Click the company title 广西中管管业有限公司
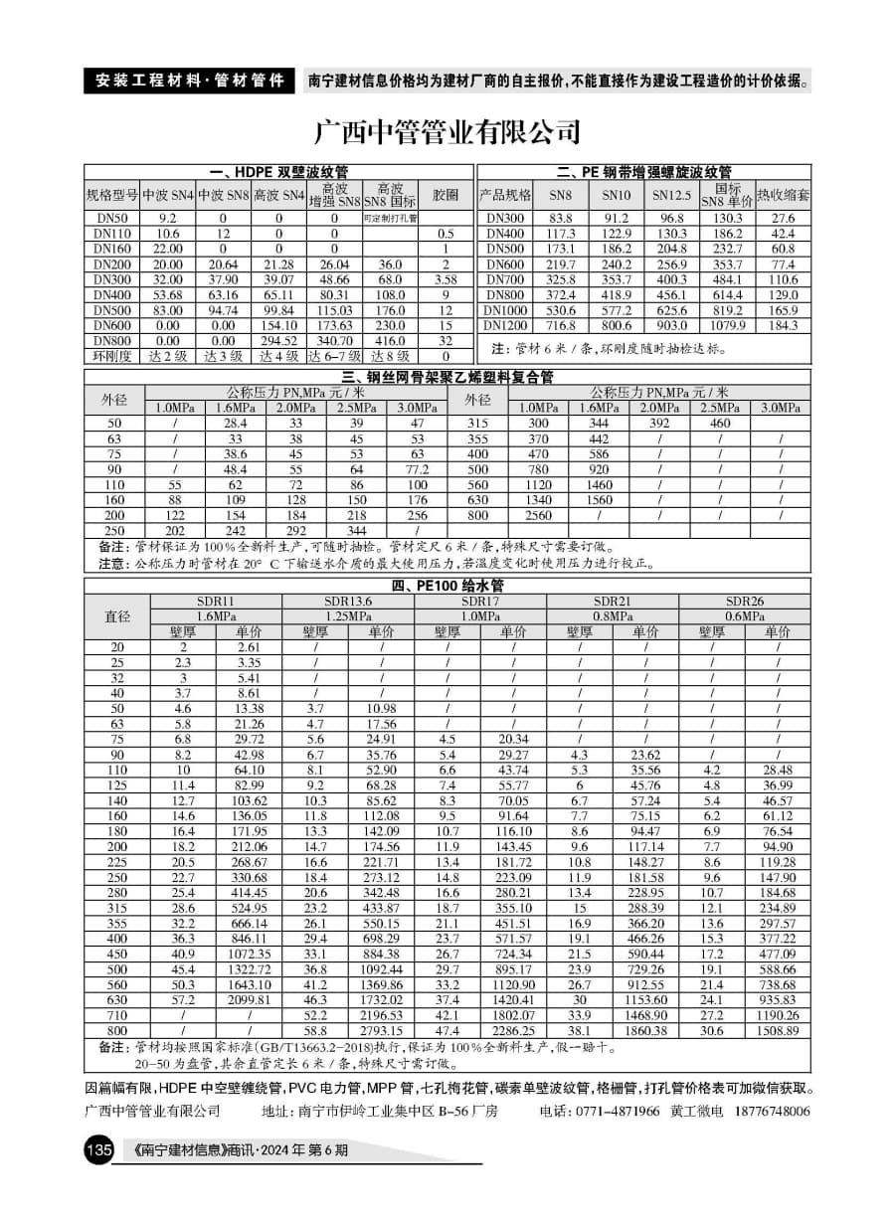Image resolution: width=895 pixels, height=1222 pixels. coord(447,131)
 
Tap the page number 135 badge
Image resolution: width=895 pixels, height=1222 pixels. coord(100,1150)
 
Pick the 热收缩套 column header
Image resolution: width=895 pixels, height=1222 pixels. coord(784,194)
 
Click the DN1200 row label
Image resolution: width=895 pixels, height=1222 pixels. coord(506,325)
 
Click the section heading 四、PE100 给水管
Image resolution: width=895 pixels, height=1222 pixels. coord(447,585)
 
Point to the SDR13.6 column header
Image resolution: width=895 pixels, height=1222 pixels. coord(348,602)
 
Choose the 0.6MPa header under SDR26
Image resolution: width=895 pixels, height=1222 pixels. coord(745,616)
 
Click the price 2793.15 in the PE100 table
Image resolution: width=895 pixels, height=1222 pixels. coord(381,1031)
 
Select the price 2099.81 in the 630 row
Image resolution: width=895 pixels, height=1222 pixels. coord(249,999)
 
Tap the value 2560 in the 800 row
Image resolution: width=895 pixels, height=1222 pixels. coord(538,516)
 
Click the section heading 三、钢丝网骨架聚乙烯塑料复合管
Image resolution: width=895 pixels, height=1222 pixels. coord(447,377)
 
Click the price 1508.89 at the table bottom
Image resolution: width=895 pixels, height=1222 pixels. coord(778,1031)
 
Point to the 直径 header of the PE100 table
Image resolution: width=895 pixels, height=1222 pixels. coord(117,616)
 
